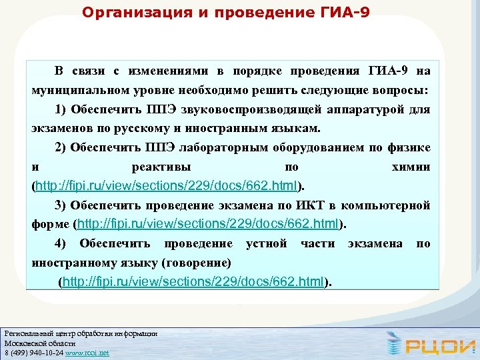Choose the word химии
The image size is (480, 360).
pos(411,167)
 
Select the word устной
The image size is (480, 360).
pos(267,244)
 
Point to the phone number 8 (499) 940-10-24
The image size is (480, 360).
pos(33,352)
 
